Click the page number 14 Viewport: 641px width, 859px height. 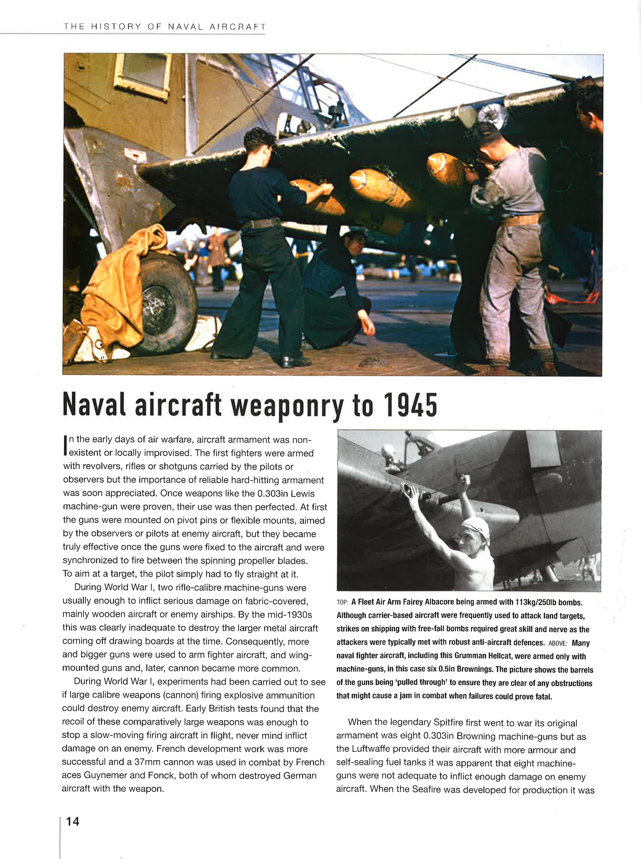tap(72, 821)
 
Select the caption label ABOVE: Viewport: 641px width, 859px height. tap(558, 643)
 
